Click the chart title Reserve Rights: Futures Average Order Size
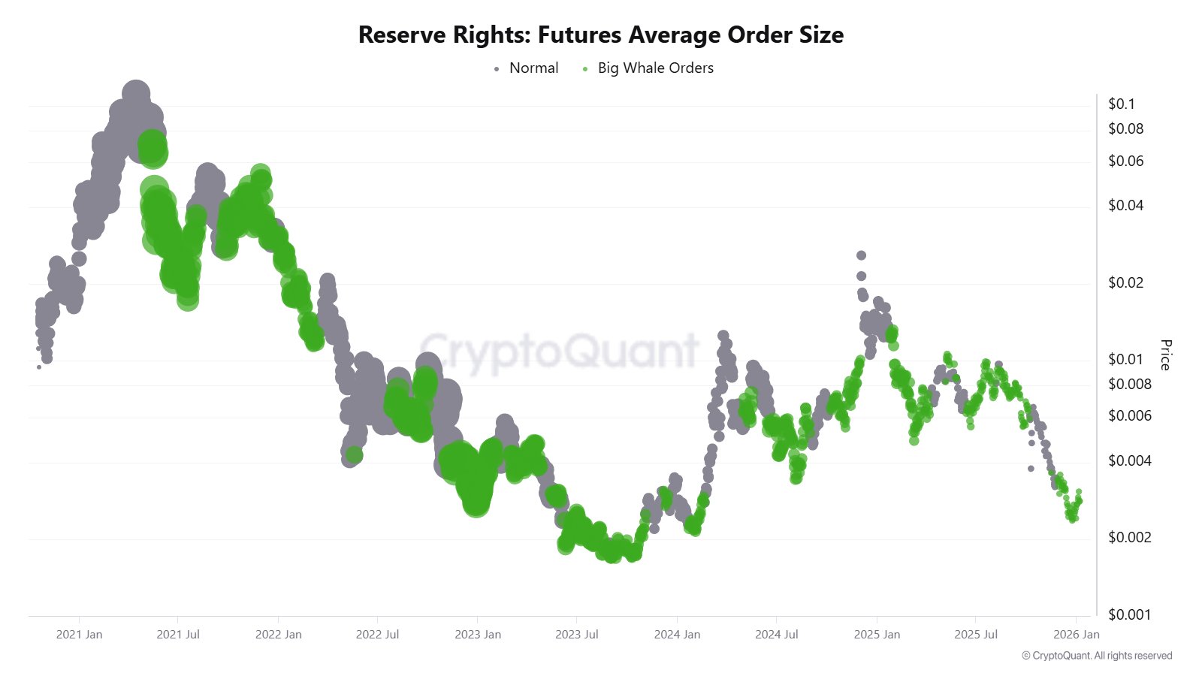pos(601,35)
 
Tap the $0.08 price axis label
pos(1125,129)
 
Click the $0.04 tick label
pos(1125,206)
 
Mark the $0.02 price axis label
pos(1125,283)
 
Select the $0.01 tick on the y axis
pos(1125,360)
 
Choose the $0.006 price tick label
pos(1129,416)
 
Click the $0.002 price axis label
pos(1129,538)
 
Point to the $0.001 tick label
pos(1129,615)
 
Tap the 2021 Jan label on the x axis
pos(79,635)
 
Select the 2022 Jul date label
pos(377,635)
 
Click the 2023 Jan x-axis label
pos(478,635)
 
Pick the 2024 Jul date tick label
pos(777,635)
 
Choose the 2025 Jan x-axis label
pos(877,635)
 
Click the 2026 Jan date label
pos(1076,635)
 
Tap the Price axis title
pos(1165,355)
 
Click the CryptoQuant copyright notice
pos(1097,656)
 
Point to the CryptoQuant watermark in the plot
pos(560,352)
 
